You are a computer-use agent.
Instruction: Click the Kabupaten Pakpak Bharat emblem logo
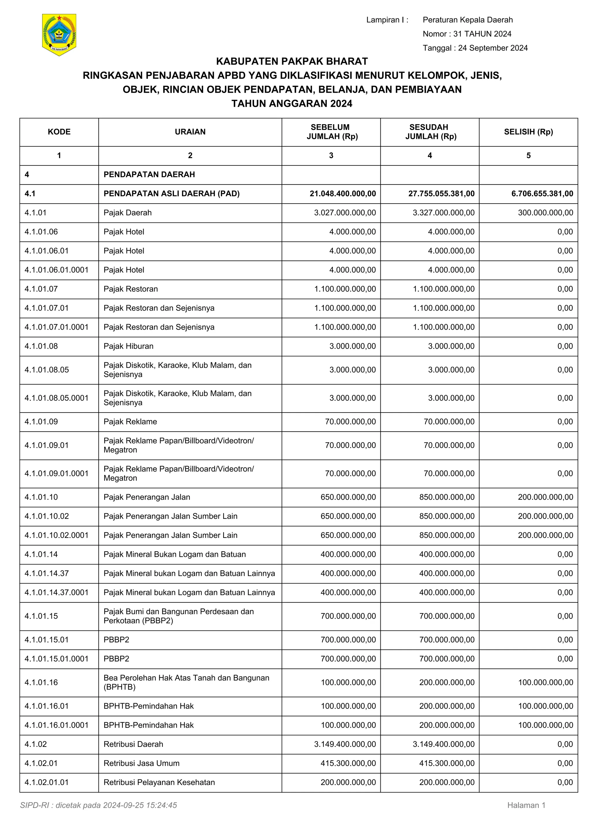click(x=59, y=35)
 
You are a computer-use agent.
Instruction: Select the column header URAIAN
click(x=190, y=132)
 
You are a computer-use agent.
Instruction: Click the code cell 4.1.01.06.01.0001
click(x=56, y=270)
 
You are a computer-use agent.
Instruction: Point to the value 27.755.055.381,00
click(x=441, y=194)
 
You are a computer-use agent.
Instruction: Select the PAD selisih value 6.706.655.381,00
click(x=542, y=194)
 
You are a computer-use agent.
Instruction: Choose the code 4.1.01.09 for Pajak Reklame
click(x=41, y=422)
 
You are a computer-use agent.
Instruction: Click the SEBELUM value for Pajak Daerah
click(x=345, y=213)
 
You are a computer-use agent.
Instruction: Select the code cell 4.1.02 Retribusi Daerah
click(x=36, y=744)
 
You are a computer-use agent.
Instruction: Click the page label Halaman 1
click(x=526, y=805)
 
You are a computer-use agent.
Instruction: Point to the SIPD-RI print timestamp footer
click(x=98, y=805)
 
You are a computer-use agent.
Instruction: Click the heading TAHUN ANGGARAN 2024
click(x=292, y=104)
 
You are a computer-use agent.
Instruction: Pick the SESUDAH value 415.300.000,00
click(x=447, y=763)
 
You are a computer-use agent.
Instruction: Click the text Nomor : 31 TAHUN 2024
click(x=467, y=34)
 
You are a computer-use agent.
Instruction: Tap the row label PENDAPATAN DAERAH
click(x=149, y=174)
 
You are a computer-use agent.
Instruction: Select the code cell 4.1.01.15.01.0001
click(x=56, y=659)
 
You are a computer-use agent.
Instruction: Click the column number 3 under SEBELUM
click(x=331, y=156)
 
